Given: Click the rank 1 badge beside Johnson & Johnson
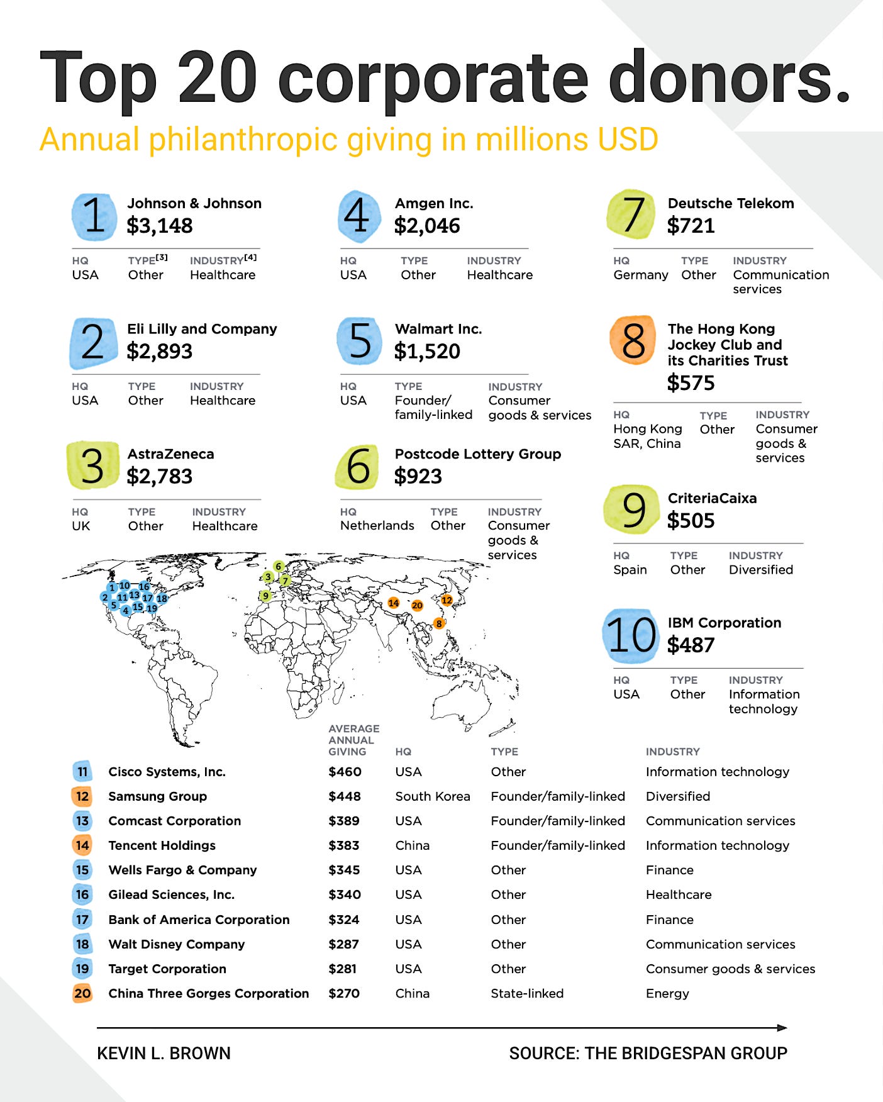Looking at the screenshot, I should [x=94, y=216].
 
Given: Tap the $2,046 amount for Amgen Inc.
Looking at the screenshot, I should [x=427, y=226].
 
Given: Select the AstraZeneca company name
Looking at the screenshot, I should [x=170, y=454].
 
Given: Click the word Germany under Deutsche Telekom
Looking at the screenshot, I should [x=640, y=275].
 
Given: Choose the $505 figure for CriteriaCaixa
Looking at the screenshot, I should [x=691, y=521].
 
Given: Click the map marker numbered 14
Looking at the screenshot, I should [x=394, y=603].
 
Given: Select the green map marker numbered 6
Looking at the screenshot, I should [x=279, y=567].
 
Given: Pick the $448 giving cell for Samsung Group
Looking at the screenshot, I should [x=345, y=796].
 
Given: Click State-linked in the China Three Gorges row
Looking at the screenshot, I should [x=527, y=993].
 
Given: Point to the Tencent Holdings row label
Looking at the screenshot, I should [x=162, y=845].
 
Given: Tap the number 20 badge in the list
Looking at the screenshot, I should [x=82, y=993].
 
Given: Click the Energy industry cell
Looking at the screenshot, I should [x=667, y=993].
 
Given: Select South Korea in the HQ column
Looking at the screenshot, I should [x=432, y=796].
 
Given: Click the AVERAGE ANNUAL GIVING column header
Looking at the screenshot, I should [x=353, y=740].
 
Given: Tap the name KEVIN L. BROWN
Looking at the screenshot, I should [x=164, y=1053].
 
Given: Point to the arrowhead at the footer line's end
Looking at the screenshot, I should [x=782, y=1028].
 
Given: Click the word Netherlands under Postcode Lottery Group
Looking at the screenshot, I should [x=377, y=525].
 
